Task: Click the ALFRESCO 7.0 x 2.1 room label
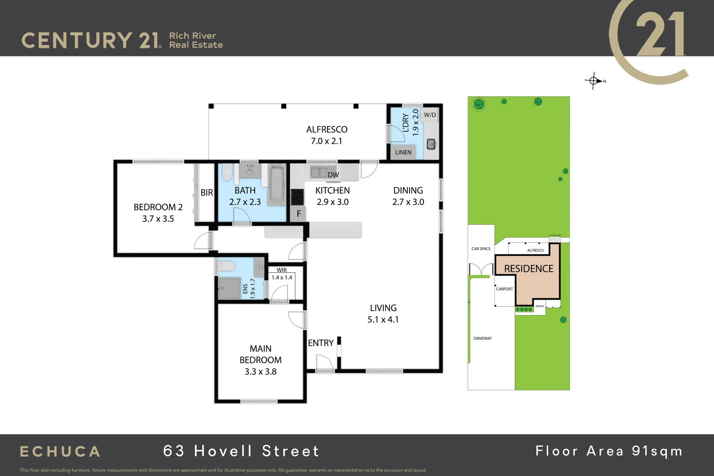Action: point(327,135)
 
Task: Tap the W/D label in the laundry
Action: point(430,115)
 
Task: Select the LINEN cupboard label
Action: point(403,152)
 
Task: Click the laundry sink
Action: point(431,144)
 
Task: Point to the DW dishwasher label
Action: point(333,175)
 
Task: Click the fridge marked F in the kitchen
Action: point(298,214)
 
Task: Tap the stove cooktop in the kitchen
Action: point(297,197)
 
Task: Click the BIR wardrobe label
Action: point(206,193)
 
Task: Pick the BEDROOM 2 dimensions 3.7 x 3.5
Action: point(158,219)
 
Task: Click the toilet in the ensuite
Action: point(227,266)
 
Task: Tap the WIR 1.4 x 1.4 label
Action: point(282,274)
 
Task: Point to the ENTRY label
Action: point(320,343)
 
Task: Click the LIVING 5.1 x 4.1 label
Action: point(383,314)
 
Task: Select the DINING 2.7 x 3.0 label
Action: point(408,196)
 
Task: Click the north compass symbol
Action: point(594,81)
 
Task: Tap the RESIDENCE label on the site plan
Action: point(528,268)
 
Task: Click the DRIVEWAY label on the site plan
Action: point(483,338)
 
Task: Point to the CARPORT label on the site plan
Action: point(504,289)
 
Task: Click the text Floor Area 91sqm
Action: point(609,451)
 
